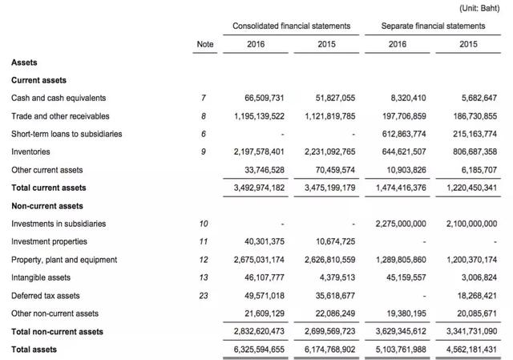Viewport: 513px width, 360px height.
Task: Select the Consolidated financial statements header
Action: click(291, 26)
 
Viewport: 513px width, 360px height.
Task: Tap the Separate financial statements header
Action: click(434, 26)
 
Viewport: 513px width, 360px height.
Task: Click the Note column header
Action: click(205, 44)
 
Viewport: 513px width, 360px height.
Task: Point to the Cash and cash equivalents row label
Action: click(59, 98)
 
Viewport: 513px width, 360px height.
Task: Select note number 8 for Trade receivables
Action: click(204, 115)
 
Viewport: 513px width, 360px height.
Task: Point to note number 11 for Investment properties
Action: click(204, 241)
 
